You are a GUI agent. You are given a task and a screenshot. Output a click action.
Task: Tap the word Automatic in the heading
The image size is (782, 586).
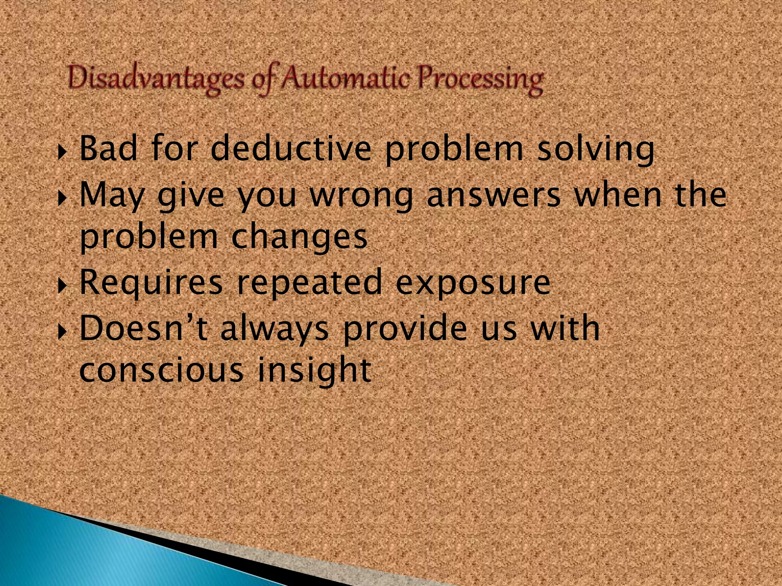[346, 78]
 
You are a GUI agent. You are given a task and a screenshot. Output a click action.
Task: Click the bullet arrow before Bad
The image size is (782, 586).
[62, 152]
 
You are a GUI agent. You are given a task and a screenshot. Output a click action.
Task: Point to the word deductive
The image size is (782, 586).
[291, 149]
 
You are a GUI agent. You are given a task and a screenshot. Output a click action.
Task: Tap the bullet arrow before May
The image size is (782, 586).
[62, 198]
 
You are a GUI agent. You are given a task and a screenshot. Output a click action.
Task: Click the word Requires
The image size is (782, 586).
[151, 283]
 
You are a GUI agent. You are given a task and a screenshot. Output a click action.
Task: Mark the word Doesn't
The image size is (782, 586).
[144, 328]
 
